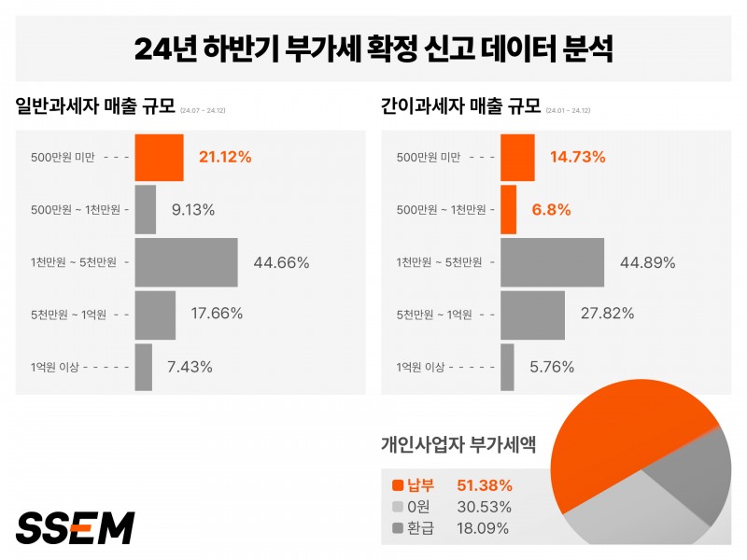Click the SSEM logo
(x=76, y=527)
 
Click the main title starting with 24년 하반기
(x=373, y=49)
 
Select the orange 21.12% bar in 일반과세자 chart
(x=160, y=157)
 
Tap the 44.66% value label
(x=281, y=262)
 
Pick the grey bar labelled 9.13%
(x=146, y=210)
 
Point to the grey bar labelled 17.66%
(x=156, y=315)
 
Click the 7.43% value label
(x=190, y=367)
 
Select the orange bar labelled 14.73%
(x=518, y=157)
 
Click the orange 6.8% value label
(x=551, y=210)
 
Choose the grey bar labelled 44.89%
(x=553, y=262)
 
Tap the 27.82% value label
(x=607, y=315)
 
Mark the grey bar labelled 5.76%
(x=507, y=367)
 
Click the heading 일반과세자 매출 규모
(x=96, y=106)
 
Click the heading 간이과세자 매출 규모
(x=461, y=106)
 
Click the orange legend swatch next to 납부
(x=398, y=485)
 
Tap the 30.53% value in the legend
(x=484, y=507)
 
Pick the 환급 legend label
(x=421, y=528)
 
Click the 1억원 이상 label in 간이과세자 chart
(x=421, y=367)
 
